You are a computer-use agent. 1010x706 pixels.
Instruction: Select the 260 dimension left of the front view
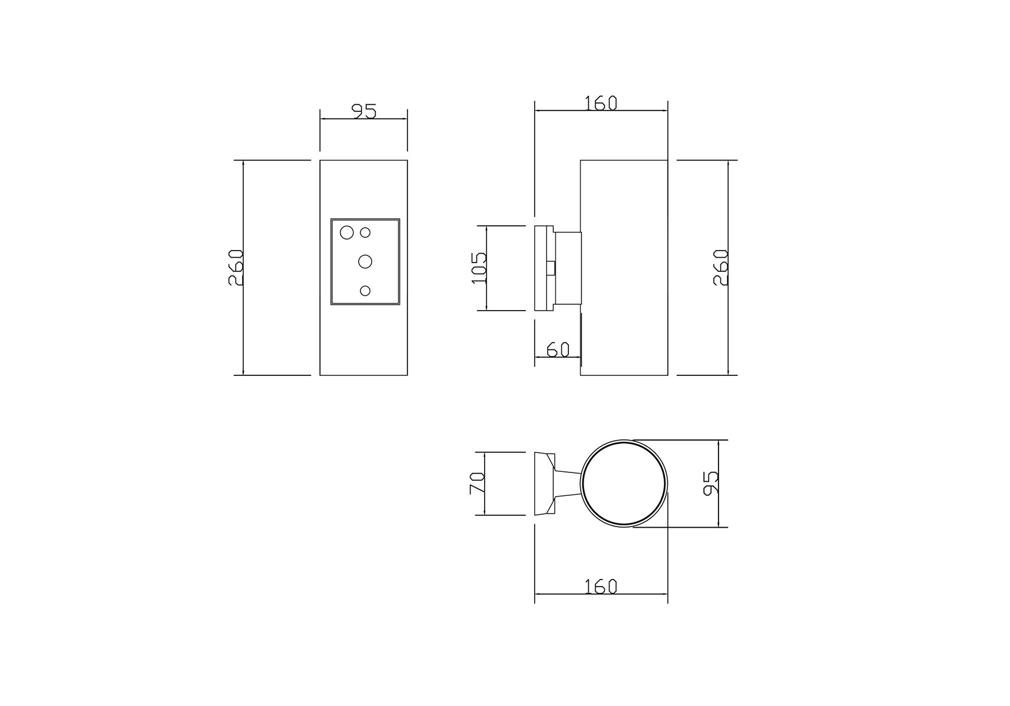click(x=236, y=268)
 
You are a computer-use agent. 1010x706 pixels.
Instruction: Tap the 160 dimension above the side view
click(x=601, y=104)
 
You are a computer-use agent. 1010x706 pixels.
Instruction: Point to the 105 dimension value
click(x=479, y=268)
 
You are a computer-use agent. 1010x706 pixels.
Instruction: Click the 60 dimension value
click(x=558, y=349)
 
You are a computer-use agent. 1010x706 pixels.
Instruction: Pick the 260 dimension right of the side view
click(x=721, y=268)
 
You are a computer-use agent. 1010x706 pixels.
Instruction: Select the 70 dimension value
click(x=476, y=484)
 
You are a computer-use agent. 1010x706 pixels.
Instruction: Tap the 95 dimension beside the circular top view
click(x=711, y=483)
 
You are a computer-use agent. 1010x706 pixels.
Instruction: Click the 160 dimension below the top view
click(x=601, y=587)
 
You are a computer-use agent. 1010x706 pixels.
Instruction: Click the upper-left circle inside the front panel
click(x=346, y=232)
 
